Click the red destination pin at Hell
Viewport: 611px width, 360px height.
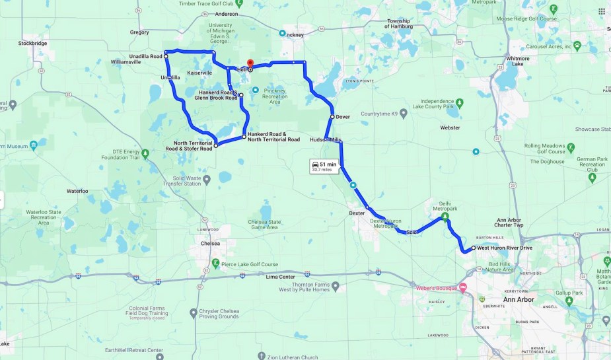tap(250, 63)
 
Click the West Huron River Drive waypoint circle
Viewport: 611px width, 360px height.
tap(473, 248)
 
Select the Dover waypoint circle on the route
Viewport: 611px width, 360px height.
tap(332, 117)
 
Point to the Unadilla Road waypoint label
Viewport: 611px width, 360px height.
tap(146, 57)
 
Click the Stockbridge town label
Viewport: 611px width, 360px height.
tap(32, 43)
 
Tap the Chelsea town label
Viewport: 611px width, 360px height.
tap(209, 243)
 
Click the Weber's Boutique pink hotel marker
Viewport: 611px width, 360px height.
tap(463, 287)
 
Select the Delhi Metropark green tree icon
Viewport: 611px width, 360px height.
tap(445, 216)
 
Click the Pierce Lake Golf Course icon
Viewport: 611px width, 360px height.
tap(215, 264)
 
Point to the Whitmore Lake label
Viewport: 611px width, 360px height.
tap(517, 61)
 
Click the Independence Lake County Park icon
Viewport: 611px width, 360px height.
tap(460, 102)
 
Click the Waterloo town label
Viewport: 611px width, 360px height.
tap(77, 191)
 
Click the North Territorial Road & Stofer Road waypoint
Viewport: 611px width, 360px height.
tap(215, 145)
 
